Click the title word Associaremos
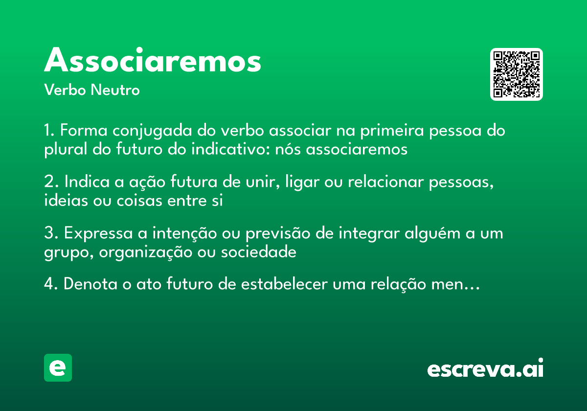[x=153, y=61]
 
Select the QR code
[x=517, y=74]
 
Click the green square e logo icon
[x=58, y=367]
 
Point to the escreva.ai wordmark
[x=485, y=369]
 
